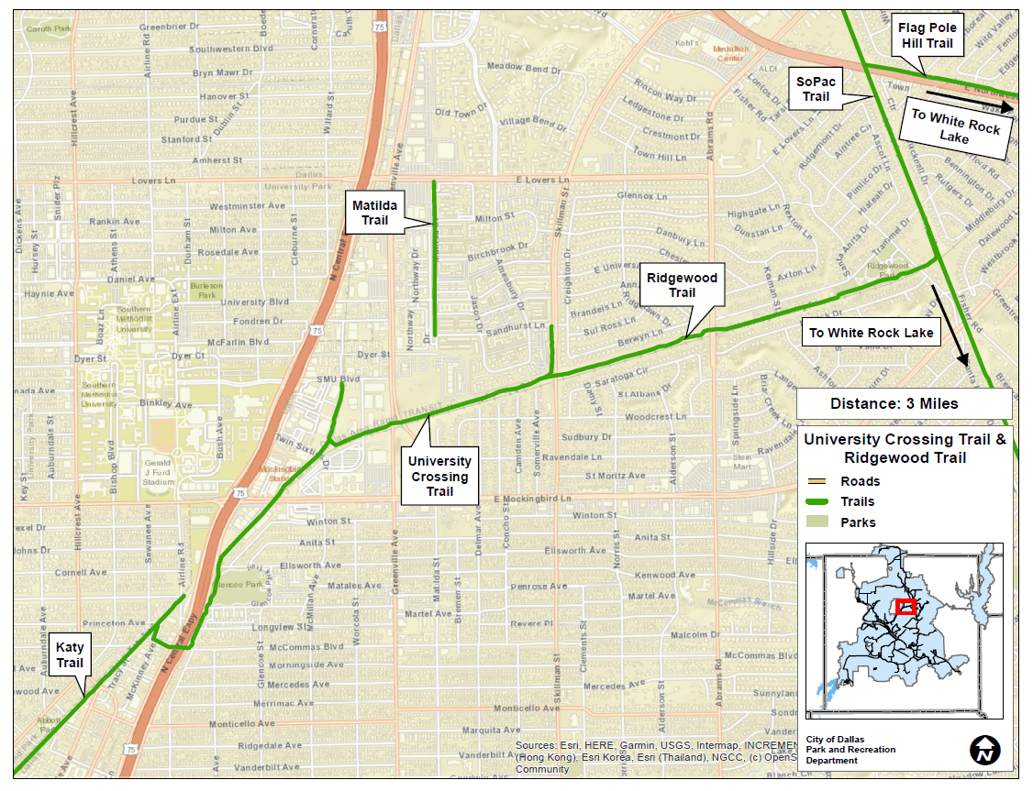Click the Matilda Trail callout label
[374, 213]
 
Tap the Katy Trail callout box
[70, 655]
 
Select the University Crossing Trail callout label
[439, 477]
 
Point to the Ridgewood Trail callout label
[682, 285]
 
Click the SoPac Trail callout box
[816, 89]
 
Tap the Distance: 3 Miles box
[904, 403]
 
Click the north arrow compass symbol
[984, 750]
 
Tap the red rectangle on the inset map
[905, 607]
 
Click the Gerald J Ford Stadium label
[159, 469]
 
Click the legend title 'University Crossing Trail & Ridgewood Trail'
[905, 448]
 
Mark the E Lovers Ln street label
[542, 181]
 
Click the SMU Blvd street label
[338, 379]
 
